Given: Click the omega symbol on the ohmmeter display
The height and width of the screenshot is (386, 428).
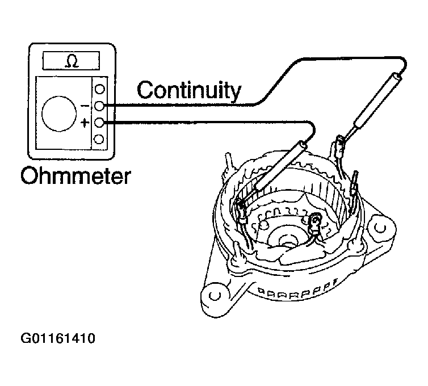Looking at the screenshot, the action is pos(72,62).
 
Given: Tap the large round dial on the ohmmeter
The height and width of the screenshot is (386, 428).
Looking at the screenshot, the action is pos(59,114).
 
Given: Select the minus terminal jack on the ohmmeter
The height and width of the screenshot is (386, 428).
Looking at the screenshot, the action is pos(99,106).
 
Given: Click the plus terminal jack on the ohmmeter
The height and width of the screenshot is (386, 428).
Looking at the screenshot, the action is pos(99,123).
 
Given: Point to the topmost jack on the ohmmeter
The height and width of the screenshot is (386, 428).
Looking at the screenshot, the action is pos(99,89).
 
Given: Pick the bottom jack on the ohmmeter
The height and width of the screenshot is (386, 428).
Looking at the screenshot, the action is pos(99,139).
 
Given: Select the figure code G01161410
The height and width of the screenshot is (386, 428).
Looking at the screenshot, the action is pos(58,338).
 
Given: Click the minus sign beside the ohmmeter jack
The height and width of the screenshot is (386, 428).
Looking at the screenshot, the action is pos(85,106).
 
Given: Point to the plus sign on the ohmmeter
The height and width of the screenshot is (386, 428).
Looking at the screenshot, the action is pos(85,123).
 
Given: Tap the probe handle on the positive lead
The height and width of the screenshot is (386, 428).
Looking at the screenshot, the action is pos(280,165).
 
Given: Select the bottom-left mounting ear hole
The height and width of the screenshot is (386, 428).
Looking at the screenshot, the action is pos(215,296).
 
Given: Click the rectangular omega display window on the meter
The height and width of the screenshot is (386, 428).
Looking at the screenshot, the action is pos(72,61).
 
